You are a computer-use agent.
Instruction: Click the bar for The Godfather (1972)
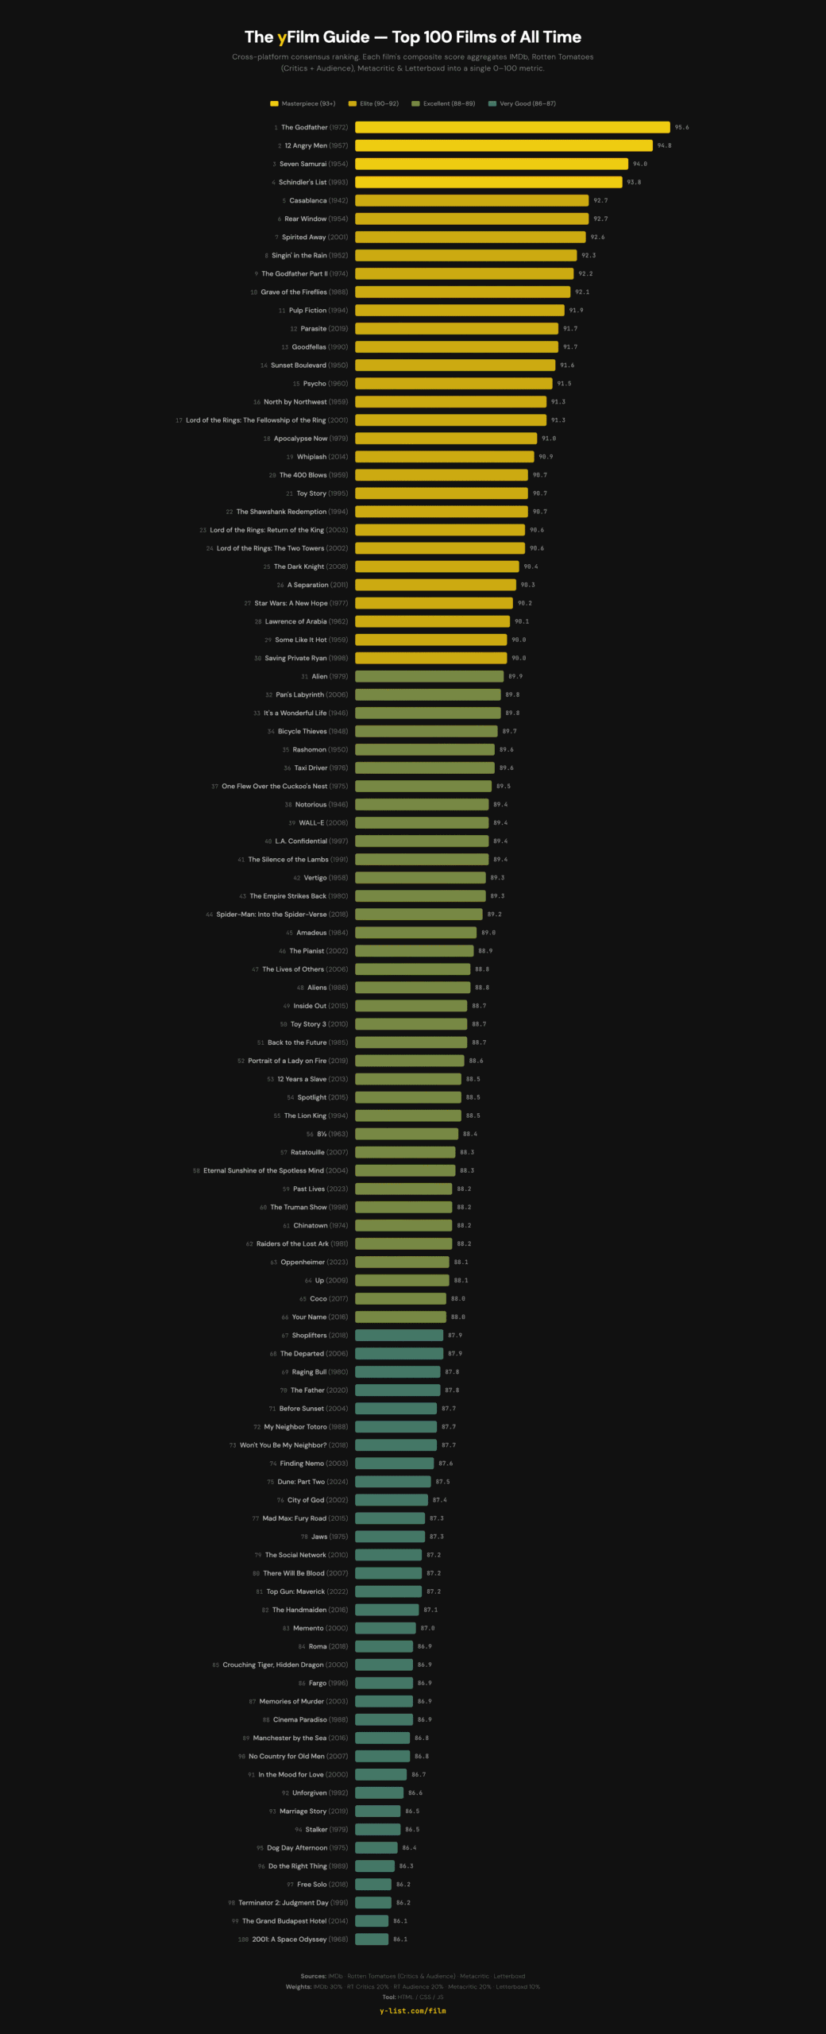(512, 127)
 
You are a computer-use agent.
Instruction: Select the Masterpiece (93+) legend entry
(303, 104)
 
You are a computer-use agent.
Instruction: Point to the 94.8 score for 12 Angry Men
(664, 146)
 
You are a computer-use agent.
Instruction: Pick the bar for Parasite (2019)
(457, 329)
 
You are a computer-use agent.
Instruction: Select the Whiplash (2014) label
(322, 457)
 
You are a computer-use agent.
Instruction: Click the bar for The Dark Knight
(437, 567)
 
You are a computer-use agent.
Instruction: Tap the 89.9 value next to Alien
(515, 677)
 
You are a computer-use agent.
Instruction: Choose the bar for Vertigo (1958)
(420, 878)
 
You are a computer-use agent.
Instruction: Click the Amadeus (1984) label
(322, 933)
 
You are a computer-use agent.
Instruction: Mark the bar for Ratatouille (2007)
(405, 1152)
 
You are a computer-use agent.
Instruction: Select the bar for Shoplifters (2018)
(399, 1335)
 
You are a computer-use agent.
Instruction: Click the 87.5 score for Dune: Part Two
(442, 1482)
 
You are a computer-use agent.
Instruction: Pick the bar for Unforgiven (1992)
(379, 1792)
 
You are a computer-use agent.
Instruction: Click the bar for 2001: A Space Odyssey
(372, 1939)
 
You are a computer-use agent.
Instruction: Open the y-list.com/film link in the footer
(413, 2011)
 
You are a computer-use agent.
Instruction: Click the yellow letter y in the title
(282, 37)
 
